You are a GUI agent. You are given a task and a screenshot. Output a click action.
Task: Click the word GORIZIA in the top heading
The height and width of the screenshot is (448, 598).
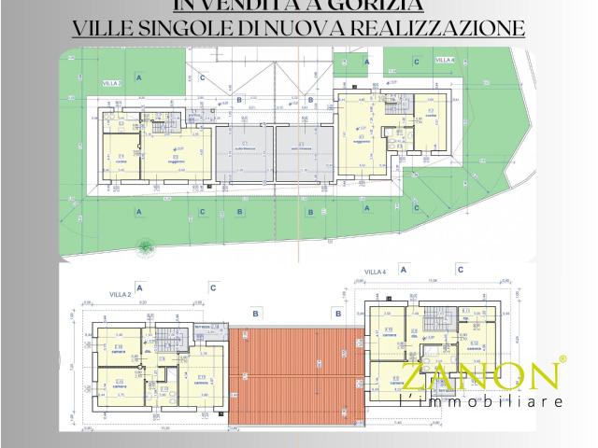pos(361,5)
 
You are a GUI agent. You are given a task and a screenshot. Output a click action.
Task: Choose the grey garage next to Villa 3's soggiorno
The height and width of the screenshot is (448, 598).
pos(242,155)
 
